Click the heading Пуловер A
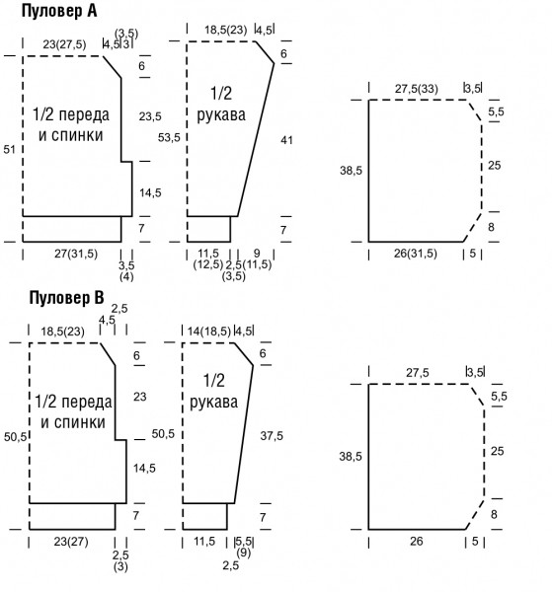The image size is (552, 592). [x=59, y=11]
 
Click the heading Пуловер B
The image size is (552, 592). [x=66, y=298]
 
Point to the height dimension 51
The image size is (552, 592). [x=9, y=150]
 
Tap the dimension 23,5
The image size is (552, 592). [x=150, y=116]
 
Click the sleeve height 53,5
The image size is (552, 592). [x=169, y=137]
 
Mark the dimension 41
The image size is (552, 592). [x=286, y=140]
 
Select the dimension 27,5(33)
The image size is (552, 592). [x=417, y=89]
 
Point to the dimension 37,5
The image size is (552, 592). [x=272, y=436]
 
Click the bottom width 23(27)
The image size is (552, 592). [x=71, y=542]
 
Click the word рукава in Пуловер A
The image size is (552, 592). [x=221, y=114]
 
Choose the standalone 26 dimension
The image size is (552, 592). [x=416, y=541]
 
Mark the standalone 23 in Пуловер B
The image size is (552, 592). [x=140, y=397]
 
